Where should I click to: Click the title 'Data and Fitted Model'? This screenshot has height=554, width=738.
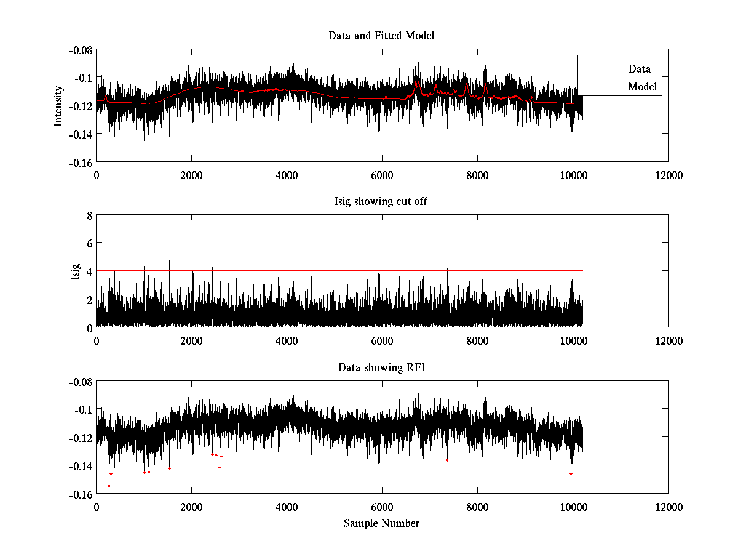(x=381, y=36)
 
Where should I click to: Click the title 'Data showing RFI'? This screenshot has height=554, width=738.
(x=381, y=368)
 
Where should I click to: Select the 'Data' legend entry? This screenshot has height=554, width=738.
(x=639, y=69)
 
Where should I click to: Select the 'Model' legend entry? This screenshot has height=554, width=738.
(x=642, y=87)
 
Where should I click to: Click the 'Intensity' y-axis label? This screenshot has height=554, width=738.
(x=58, y=105)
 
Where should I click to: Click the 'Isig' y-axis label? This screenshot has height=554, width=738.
(x=76, y=271)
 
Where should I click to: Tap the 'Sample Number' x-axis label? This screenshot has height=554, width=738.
(x=381, y=524)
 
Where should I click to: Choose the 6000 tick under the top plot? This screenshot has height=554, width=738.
(x=382, y=175)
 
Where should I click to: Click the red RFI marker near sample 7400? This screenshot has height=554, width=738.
(x=447, y=460)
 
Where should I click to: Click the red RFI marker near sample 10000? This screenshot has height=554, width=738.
(x=571, y=473)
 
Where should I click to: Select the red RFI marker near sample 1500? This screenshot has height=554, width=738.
(x=169, y=469)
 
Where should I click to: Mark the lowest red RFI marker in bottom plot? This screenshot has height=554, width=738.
(x=109, y=486)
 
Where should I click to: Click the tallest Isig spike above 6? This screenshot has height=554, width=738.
(x=109, y=241)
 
